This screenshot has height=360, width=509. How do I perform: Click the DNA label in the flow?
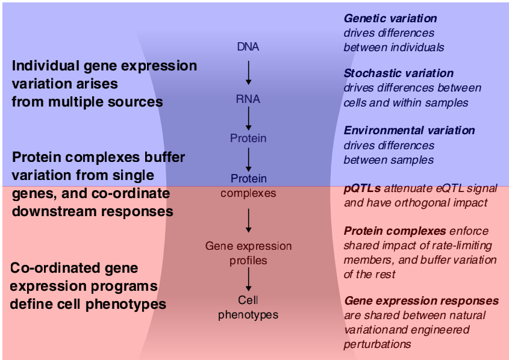click(x=248, y=46)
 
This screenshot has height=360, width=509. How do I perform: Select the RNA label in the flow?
click(x=248, y=99)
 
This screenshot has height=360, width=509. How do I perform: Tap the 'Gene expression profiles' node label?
click(x=248, y=253)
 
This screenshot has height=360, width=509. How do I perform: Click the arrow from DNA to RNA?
click(x=248, y=72)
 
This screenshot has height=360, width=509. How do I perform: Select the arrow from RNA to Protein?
click(x=248, y=119)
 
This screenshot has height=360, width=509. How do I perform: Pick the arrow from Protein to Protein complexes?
click(x=248, y=158)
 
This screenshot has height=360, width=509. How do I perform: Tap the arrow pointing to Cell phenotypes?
click(x=248, y=279)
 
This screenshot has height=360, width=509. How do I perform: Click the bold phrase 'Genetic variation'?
click(x=390, y=19)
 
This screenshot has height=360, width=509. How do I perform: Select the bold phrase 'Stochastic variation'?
click(x=398, y=73)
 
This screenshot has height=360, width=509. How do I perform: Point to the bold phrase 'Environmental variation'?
click(x=409, y=131)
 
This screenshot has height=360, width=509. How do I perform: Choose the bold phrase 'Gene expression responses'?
click(x=421, y=300)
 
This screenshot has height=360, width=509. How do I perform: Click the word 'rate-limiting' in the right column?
click(x=462, y=245)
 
